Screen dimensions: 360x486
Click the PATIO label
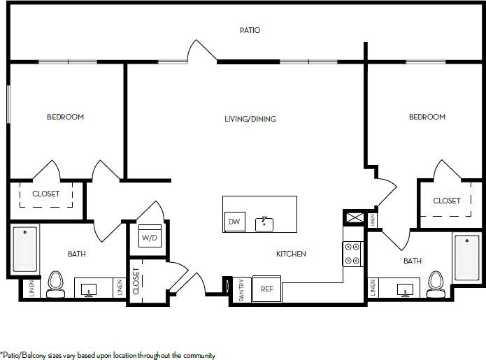pos(250,30)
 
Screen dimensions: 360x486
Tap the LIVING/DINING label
pos(250,119)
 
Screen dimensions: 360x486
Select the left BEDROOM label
pos(65,117)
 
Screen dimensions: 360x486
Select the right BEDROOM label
pos(427,117)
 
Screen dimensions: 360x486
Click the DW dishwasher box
pos(234,222)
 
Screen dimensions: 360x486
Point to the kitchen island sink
pos(265,223)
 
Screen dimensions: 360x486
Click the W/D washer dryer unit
pos(150,236)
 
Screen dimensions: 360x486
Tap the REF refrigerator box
pos(266,288)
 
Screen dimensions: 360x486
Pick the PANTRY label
pos(241,289)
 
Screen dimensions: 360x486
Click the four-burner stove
pos(352,253)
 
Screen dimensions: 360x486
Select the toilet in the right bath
pos(437,283)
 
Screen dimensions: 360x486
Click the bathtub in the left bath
pos(26,250)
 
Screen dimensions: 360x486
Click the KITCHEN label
pos(290,254)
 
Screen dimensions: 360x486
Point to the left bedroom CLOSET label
pos(45,194)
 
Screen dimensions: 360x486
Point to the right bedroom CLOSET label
pos(447,201)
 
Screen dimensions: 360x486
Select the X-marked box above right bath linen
pos(352,217)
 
